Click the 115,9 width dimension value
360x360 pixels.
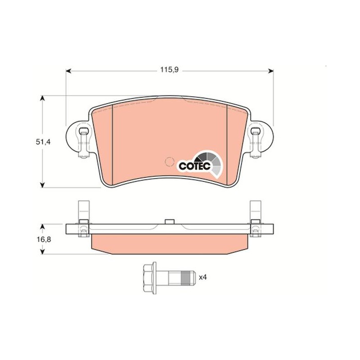169,70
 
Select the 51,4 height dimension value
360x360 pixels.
43,142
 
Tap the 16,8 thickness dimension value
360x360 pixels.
44,239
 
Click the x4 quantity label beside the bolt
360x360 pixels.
203,277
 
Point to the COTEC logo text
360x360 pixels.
194,166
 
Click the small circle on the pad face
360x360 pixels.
170,162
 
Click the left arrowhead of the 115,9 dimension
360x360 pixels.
68,71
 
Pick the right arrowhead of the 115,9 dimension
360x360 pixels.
271,71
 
